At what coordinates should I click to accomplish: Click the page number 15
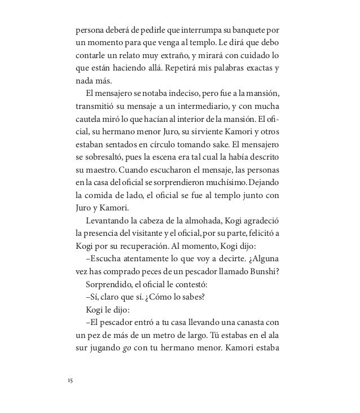pyautogui.click(x=69, y=381)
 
